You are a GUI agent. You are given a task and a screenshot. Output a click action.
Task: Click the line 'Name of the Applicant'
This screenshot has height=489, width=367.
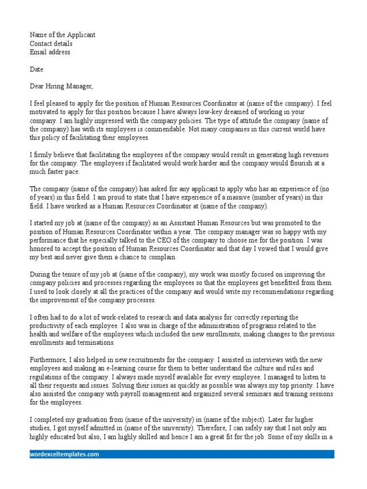(x=63, y=35)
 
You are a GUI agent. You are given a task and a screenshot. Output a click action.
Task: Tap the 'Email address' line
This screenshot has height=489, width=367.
(x=50, y=52)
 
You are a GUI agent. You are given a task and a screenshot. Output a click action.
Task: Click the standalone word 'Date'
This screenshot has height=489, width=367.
(x=37, y=69)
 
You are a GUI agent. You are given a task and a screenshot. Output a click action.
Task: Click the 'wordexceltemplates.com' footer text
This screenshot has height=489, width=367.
(x=65, y=454)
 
